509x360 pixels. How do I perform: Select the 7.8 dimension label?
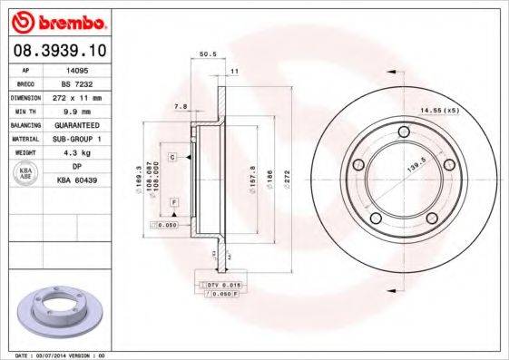[180, 107]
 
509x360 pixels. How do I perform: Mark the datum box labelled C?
[171, 157]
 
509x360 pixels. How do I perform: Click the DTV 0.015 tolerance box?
[218, 286]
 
